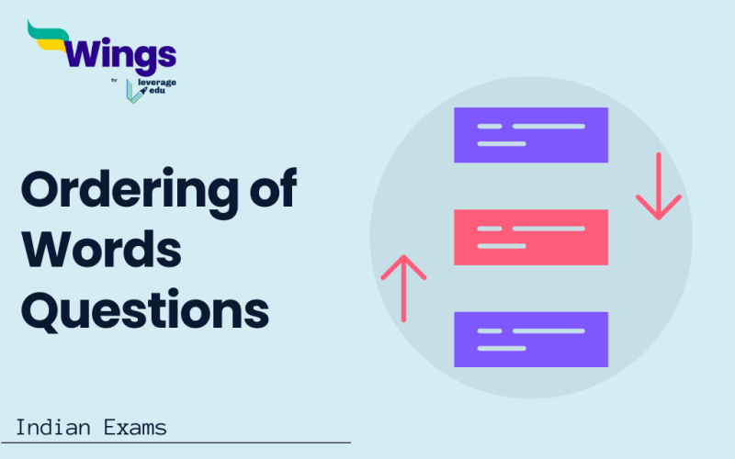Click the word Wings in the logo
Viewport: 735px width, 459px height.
click(119, 56)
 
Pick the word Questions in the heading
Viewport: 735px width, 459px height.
click(144, 309)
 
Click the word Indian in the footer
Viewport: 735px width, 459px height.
click(51, 427)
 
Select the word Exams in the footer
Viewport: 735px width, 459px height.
click(133, 427)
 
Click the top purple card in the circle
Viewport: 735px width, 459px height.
click(531, 135)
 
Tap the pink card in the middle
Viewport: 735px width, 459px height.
click(531, 237)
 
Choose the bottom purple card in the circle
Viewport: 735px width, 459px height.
click(531, 340)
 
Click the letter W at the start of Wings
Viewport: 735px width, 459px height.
click(80, 55)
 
